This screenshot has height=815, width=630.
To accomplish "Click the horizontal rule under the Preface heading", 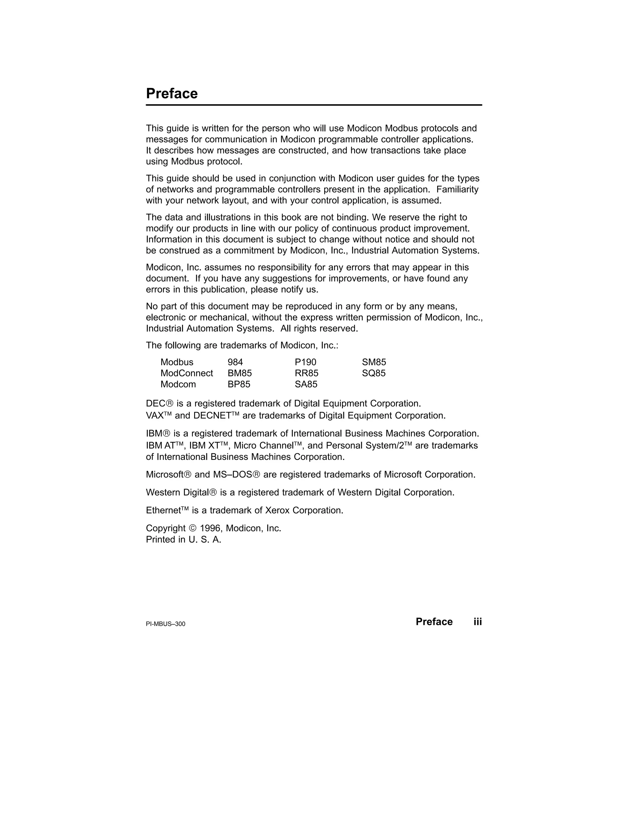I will pyautogui.click(x=313, y=105).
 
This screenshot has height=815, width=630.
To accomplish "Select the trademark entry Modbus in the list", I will pyautogui.click(x=177, y=362).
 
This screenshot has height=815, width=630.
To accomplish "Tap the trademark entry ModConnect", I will pyautogui.click(x=187, y=373).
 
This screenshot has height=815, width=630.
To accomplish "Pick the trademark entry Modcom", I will pyautogui.click(x=178, y=384).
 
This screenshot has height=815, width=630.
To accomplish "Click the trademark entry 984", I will pyautogui.click(x=235, y=362).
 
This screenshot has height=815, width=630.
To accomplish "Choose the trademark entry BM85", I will pyautogui.click(x=240, y=373).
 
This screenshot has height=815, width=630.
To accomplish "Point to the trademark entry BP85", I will pyautogui.click(x=239, y=384).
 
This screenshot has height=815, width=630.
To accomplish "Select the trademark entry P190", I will pyautogui.click(x=305, y=362).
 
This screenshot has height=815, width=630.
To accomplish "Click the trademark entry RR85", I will pyautogui.click(x=306, y=373).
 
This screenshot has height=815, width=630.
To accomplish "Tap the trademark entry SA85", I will pyautogui.click(x=306, y=384).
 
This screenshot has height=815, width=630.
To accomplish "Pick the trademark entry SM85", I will pyautogui.click(x=374, y=362).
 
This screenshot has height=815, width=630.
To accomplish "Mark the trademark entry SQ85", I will pyautogui.click(x=373, y=373).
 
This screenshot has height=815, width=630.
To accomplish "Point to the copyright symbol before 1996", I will pyautogui.click(x=192, y=528).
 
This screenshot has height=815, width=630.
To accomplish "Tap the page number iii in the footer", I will pyautogui.click(x=478, y=622).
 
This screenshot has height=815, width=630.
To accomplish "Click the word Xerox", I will pyautogui.click(x=277, y=511).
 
